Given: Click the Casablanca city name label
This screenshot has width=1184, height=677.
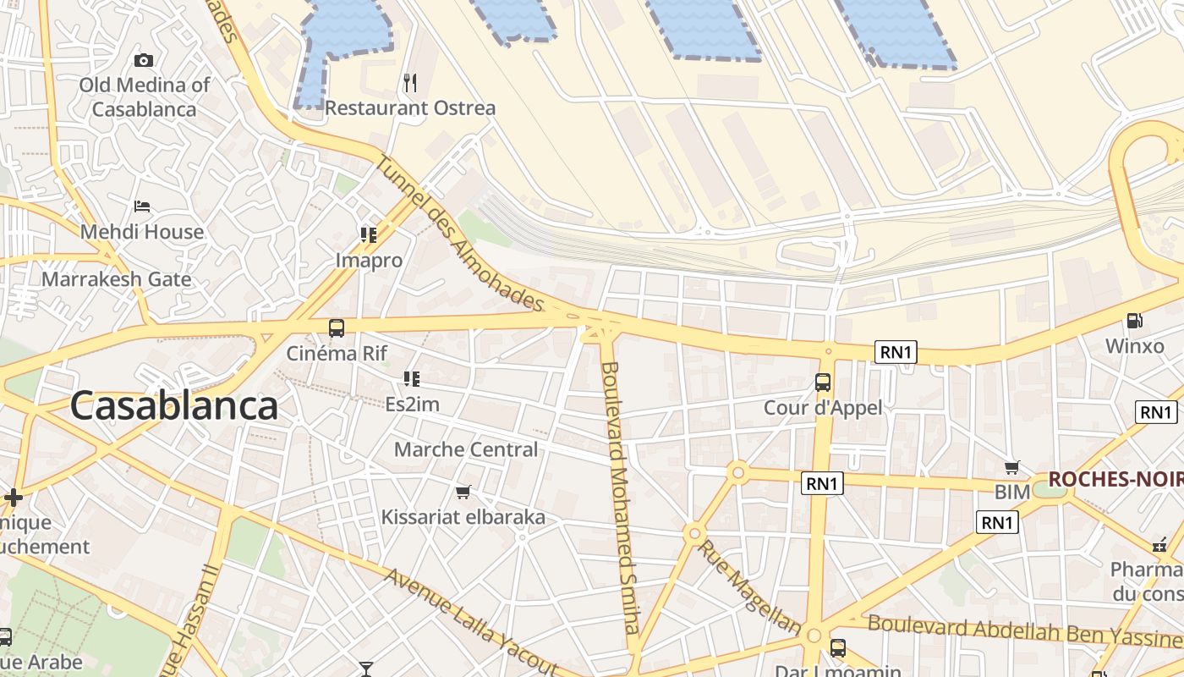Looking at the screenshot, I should point(173,406).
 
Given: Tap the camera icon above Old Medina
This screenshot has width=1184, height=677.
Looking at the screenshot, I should point(144,60).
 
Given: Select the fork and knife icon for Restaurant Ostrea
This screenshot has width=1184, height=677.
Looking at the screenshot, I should point(410,83).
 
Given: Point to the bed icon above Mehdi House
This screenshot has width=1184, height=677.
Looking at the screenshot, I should point(142,206).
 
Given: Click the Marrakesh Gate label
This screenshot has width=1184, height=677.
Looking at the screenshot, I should point(116,279).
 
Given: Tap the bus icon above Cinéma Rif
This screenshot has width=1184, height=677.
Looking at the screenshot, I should point(337,327).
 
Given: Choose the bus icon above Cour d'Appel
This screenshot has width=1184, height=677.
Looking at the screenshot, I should point(823,382).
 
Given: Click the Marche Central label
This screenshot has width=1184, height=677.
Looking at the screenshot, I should point(466,449).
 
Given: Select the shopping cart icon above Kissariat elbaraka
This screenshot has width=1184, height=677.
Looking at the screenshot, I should point(463,492).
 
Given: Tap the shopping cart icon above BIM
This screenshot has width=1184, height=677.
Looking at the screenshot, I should point(1012,467).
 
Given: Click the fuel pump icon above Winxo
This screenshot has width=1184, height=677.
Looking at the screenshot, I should point(1135,321).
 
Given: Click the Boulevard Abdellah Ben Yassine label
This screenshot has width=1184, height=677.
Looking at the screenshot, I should point(1024,631).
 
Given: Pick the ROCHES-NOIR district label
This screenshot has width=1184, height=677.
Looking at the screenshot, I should point(1115,480).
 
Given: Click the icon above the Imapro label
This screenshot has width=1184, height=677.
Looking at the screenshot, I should point(368,234).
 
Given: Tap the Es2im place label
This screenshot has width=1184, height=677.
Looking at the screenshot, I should point(412,405).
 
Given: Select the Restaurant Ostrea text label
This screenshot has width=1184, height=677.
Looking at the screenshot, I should point(410,108).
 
